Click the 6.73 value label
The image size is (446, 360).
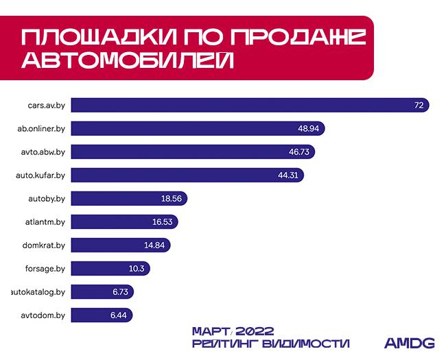121,292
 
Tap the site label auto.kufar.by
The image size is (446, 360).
40,176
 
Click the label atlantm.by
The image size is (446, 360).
45,222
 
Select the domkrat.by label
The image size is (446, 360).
44,245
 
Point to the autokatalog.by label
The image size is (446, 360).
38,292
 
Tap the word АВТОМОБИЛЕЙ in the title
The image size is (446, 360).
127,60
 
